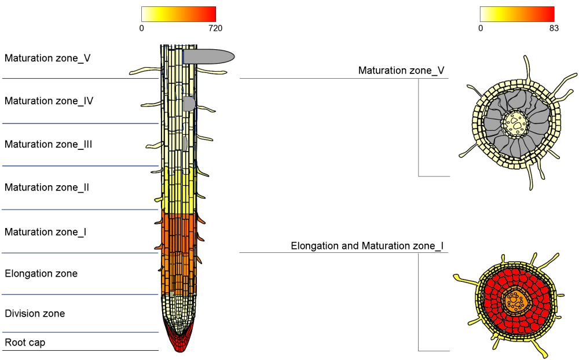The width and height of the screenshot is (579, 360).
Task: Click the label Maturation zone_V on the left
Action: coord(47,58)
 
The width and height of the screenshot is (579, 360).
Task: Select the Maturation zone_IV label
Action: coord(49,101)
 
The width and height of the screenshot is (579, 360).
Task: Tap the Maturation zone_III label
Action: coord(49,145)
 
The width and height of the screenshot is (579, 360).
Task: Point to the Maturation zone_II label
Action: coord(47,188)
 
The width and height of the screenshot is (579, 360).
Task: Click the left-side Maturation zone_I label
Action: coord(46,232)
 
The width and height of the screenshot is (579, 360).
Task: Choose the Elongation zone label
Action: coord(41,274)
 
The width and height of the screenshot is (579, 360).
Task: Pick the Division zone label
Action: coord(35,314)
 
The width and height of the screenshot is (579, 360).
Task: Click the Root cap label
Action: coord(25,343)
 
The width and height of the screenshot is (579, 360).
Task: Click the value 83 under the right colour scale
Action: coord(554,28)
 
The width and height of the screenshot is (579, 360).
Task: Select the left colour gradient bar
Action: coord(178,14)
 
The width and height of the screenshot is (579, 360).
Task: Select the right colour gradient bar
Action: coord(517,14)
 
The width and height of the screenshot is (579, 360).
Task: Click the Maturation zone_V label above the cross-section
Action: coord(401,71)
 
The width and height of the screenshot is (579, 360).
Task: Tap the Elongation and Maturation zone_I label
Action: coord(367,246)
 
